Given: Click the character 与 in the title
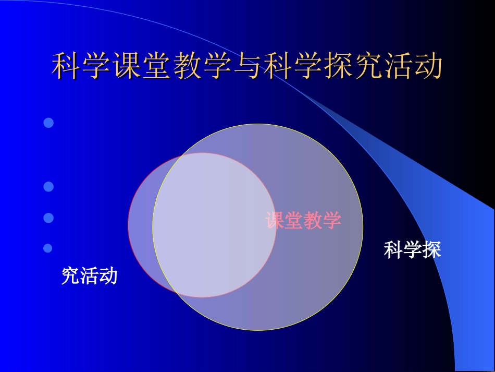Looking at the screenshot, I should [247, 66].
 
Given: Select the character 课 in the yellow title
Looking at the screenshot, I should [127, 66].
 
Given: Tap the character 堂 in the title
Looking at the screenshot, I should [157, 66].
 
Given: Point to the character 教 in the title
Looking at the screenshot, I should [187, 66].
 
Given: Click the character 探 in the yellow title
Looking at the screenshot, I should [338, 66].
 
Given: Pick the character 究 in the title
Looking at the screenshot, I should [368, 66].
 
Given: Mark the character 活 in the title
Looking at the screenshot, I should [399, 66].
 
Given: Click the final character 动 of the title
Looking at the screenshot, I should [428, 66].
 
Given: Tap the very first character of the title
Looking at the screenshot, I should [67, 66].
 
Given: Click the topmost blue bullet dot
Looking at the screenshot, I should [48, 123].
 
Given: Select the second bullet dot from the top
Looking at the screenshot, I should [48, 186].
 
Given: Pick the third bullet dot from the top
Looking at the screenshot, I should [48, 218].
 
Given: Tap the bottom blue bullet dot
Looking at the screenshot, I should [48, 248].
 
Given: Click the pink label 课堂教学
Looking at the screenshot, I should [303, 221].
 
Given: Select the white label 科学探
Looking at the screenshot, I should [412, 250].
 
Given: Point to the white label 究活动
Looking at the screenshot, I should [90, 275].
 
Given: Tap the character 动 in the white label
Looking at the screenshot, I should [108, 275].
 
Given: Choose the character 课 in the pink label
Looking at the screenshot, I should [275, 221].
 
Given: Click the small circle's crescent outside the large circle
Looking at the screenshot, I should [140, 224].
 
